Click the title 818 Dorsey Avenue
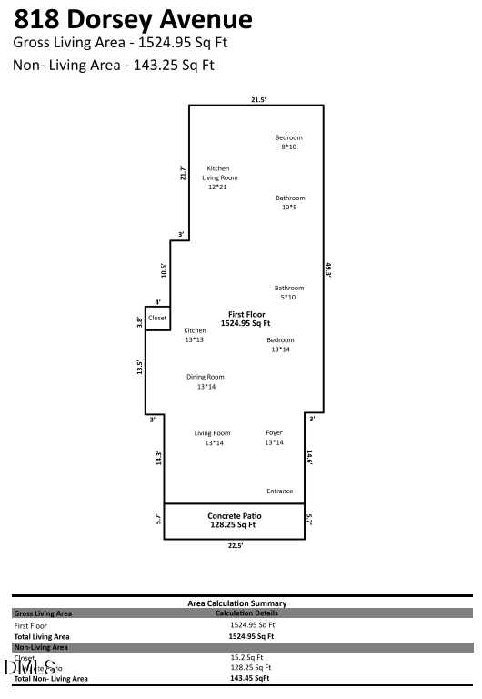133,19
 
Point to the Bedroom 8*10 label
289,142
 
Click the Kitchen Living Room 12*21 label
217,177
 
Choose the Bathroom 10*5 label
290,202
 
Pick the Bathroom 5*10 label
289,292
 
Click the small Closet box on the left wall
157,318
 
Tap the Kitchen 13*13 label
195,335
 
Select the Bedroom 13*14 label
280,345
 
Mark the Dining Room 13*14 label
206,381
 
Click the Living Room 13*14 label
213,438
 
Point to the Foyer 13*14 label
275,438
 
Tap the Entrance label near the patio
280,491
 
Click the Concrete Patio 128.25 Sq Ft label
234,520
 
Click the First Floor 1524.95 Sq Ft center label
246,319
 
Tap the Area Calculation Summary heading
236,603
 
